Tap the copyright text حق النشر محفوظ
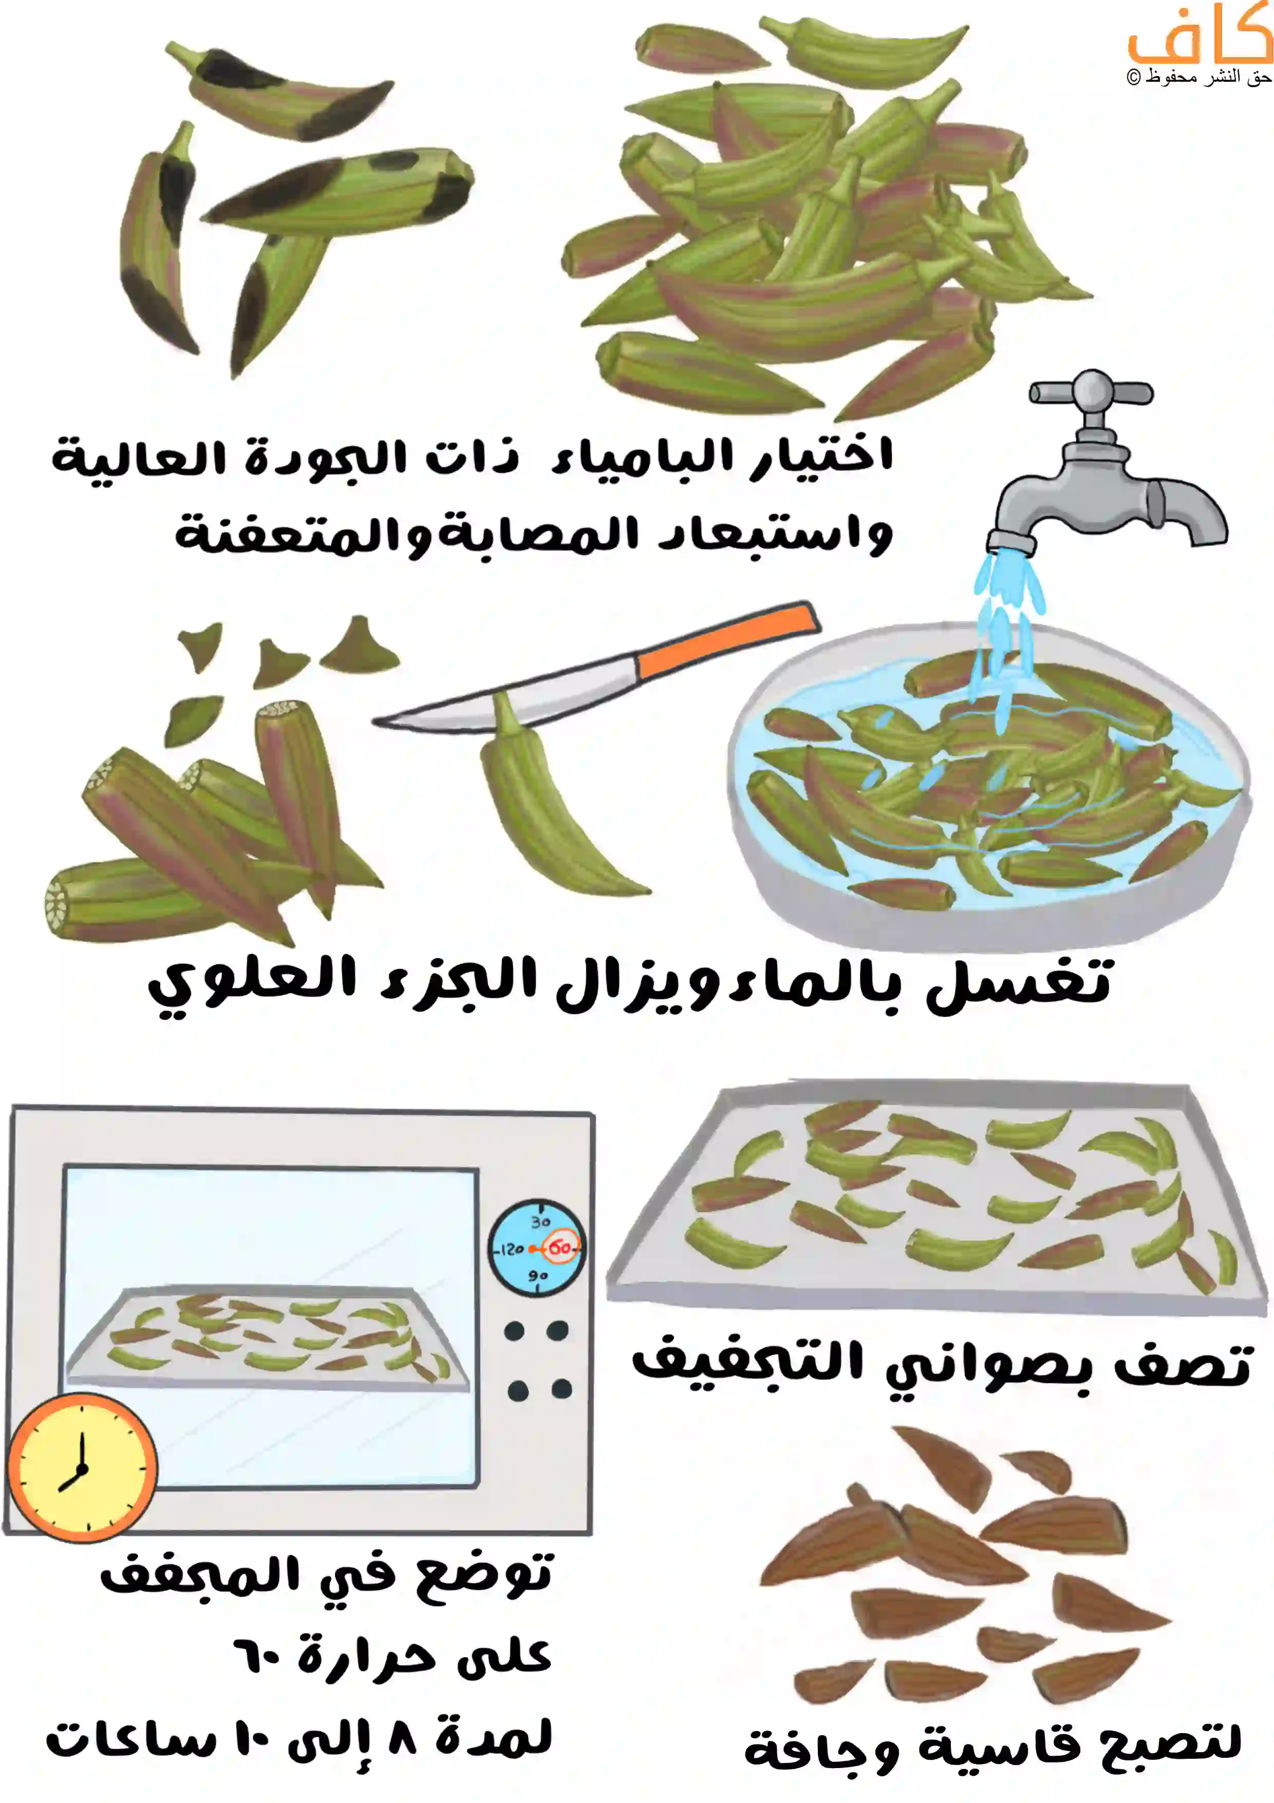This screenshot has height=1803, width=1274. click(1198, 77)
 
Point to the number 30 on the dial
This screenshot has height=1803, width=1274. click(540, 1222)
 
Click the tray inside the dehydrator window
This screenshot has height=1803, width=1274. click(267, 1335)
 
